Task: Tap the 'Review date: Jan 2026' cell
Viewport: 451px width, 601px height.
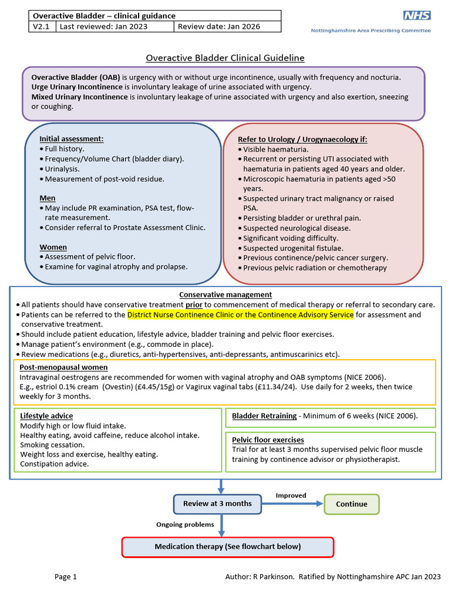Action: tap(227, 26)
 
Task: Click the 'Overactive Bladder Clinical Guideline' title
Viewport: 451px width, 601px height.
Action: tap(225, 58)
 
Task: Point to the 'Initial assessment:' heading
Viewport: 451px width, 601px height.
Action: tap(72, 139)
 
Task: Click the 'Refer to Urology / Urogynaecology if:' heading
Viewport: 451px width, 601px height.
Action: tap(302, 139)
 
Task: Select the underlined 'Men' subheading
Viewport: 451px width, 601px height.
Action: tap(48, 198)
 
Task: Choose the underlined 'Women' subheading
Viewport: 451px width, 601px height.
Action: tap(53, 247)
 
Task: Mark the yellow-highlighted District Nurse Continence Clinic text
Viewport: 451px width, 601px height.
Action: tap(240, 315)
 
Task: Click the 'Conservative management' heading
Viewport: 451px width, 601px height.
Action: tap(225, 295)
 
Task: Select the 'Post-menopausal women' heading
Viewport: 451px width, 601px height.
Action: tap(63, 367)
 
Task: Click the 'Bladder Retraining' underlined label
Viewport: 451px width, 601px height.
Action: tap(264, 416)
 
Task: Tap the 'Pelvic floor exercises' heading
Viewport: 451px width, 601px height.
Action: tap(268, 440)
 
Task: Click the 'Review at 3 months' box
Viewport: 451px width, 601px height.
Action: tap(217, 504)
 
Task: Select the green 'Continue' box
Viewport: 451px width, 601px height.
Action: tap(351, 504)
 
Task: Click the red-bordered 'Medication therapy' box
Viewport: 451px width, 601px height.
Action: tap(227, 546)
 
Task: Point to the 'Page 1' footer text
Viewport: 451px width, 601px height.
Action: tap(66, 577)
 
